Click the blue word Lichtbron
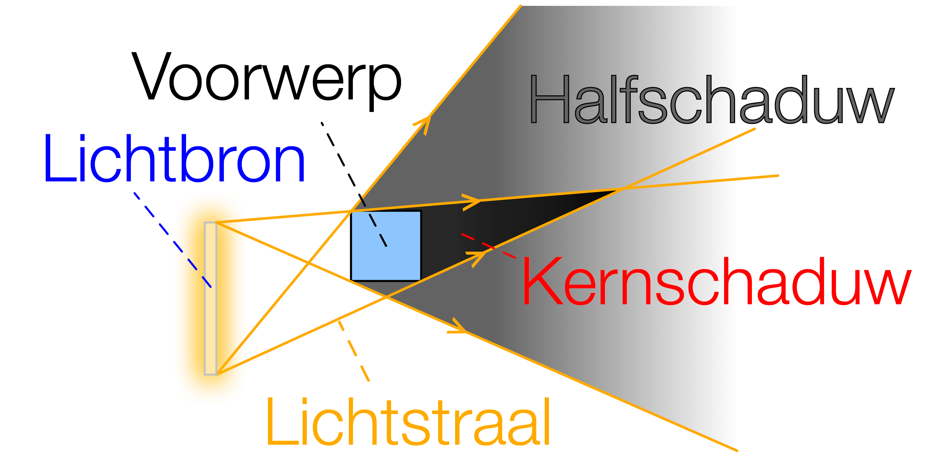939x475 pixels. pyautogui.click(x=174, y=159)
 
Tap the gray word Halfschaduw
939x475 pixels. pyautogui.click(x=711, y=99)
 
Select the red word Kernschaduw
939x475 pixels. pyautogui.click(x=716, y=281)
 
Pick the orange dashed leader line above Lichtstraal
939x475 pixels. pyautogui.click(x=354, y=350)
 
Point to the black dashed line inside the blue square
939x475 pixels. pyautogui.click(x=378, y=230)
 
